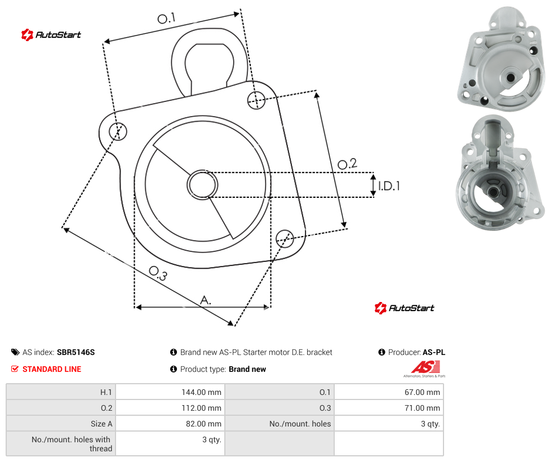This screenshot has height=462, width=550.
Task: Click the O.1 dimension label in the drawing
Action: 166,18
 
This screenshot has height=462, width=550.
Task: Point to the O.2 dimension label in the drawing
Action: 347,164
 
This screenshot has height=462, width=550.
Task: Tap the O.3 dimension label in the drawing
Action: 158,273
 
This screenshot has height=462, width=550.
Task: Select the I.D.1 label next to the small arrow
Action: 389,186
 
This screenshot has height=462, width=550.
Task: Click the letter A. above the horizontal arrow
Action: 206,300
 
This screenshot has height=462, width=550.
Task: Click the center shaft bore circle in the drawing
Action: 202,185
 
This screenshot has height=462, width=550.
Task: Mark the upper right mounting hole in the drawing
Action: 256,100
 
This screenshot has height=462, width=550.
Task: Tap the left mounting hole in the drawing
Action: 118,131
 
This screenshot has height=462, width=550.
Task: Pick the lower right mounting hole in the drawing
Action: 285,238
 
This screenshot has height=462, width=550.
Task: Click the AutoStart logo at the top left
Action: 51,35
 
